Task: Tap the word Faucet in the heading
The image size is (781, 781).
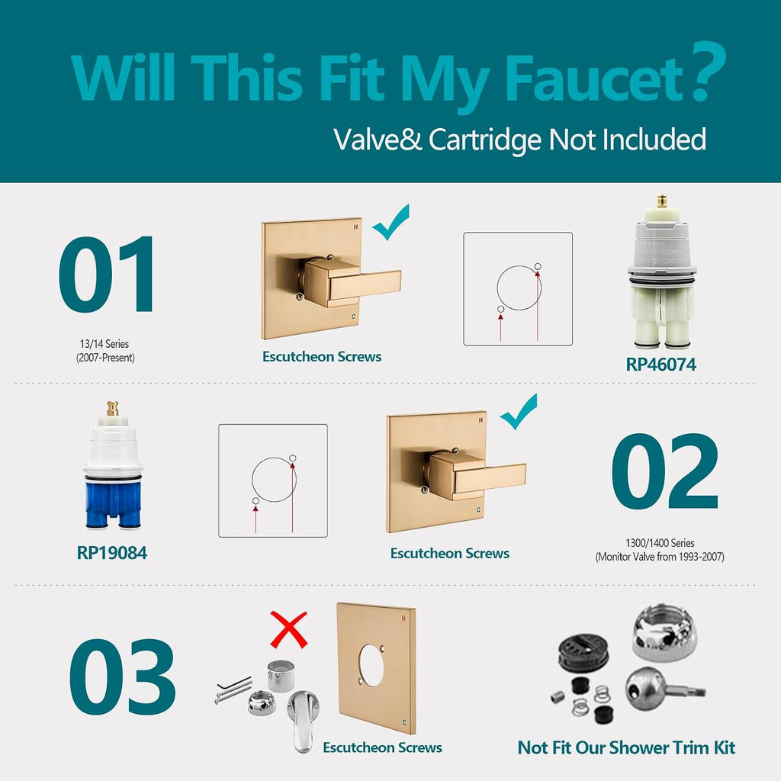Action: pos(593,79)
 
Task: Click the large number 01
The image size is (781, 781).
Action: pos(106,274)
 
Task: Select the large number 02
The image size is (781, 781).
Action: pos(665,471)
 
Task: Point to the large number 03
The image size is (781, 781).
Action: pos(123,677)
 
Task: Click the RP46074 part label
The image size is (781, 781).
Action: pos(660,364)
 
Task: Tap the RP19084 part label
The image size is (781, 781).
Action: pos(111,552)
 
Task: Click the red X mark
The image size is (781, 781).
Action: pos(288,629)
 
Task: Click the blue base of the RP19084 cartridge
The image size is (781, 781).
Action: pos(114,504)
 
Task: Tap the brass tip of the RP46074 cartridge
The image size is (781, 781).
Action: pos(662,201)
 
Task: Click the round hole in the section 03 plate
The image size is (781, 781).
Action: pos(371,665)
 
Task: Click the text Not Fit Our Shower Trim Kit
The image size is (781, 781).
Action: pos(626,747)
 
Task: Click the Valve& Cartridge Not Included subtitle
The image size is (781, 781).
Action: pos(519,140)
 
